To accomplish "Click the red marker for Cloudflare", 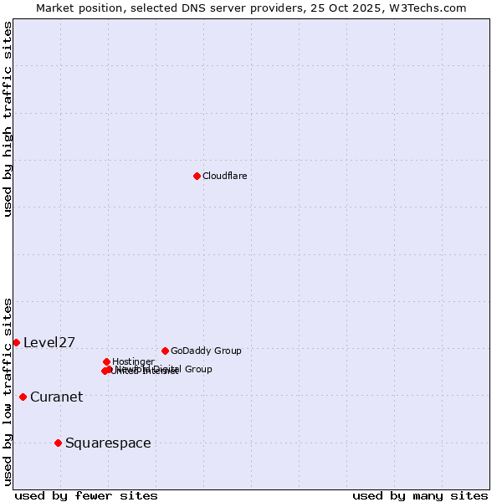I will click(197, 176).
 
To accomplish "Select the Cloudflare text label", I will click(224, 176).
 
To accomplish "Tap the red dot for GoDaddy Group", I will click(165, 351).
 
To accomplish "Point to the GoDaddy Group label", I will click(206, 351).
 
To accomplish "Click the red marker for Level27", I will click(16, 342).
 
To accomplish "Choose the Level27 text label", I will click(49, 342).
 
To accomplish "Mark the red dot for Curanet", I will click(23, 397).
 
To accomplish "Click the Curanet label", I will click(56, 397).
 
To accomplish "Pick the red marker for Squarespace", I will click(58, 443).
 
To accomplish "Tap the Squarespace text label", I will click(108, 443).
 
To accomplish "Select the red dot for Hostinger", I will click(106, 361).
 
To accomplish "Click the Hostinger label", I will click(133, 361).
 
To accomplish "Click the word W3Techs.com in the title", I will click(431, 8).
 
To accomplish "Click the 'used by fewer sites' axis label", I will click(86, 495).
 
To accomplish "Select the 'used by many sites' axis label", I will click(420, 495).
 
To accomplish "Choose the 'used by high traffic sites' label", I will click(8, 119).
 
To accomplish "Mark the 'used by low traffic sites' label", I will click(8, 392).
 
